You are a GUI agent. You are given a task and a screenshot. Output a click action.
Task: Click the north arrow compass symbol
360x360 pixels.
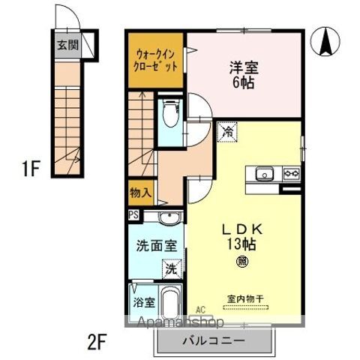328,42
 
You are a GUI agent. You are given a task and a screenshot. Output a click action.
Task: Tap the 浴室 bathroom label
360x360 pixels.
143,304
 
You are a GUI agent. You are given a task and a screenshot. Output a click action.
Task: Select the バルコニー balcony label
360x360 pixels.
213,340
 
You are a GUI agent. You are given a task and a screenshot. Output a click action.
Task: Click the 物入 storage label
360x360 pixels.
140,192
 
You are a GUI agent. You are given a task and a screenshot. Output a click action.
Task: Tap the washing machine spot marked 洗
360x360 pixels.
171,266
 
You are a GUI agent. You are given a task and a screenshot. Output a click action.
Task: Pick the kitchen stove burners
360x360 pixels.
291,175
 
